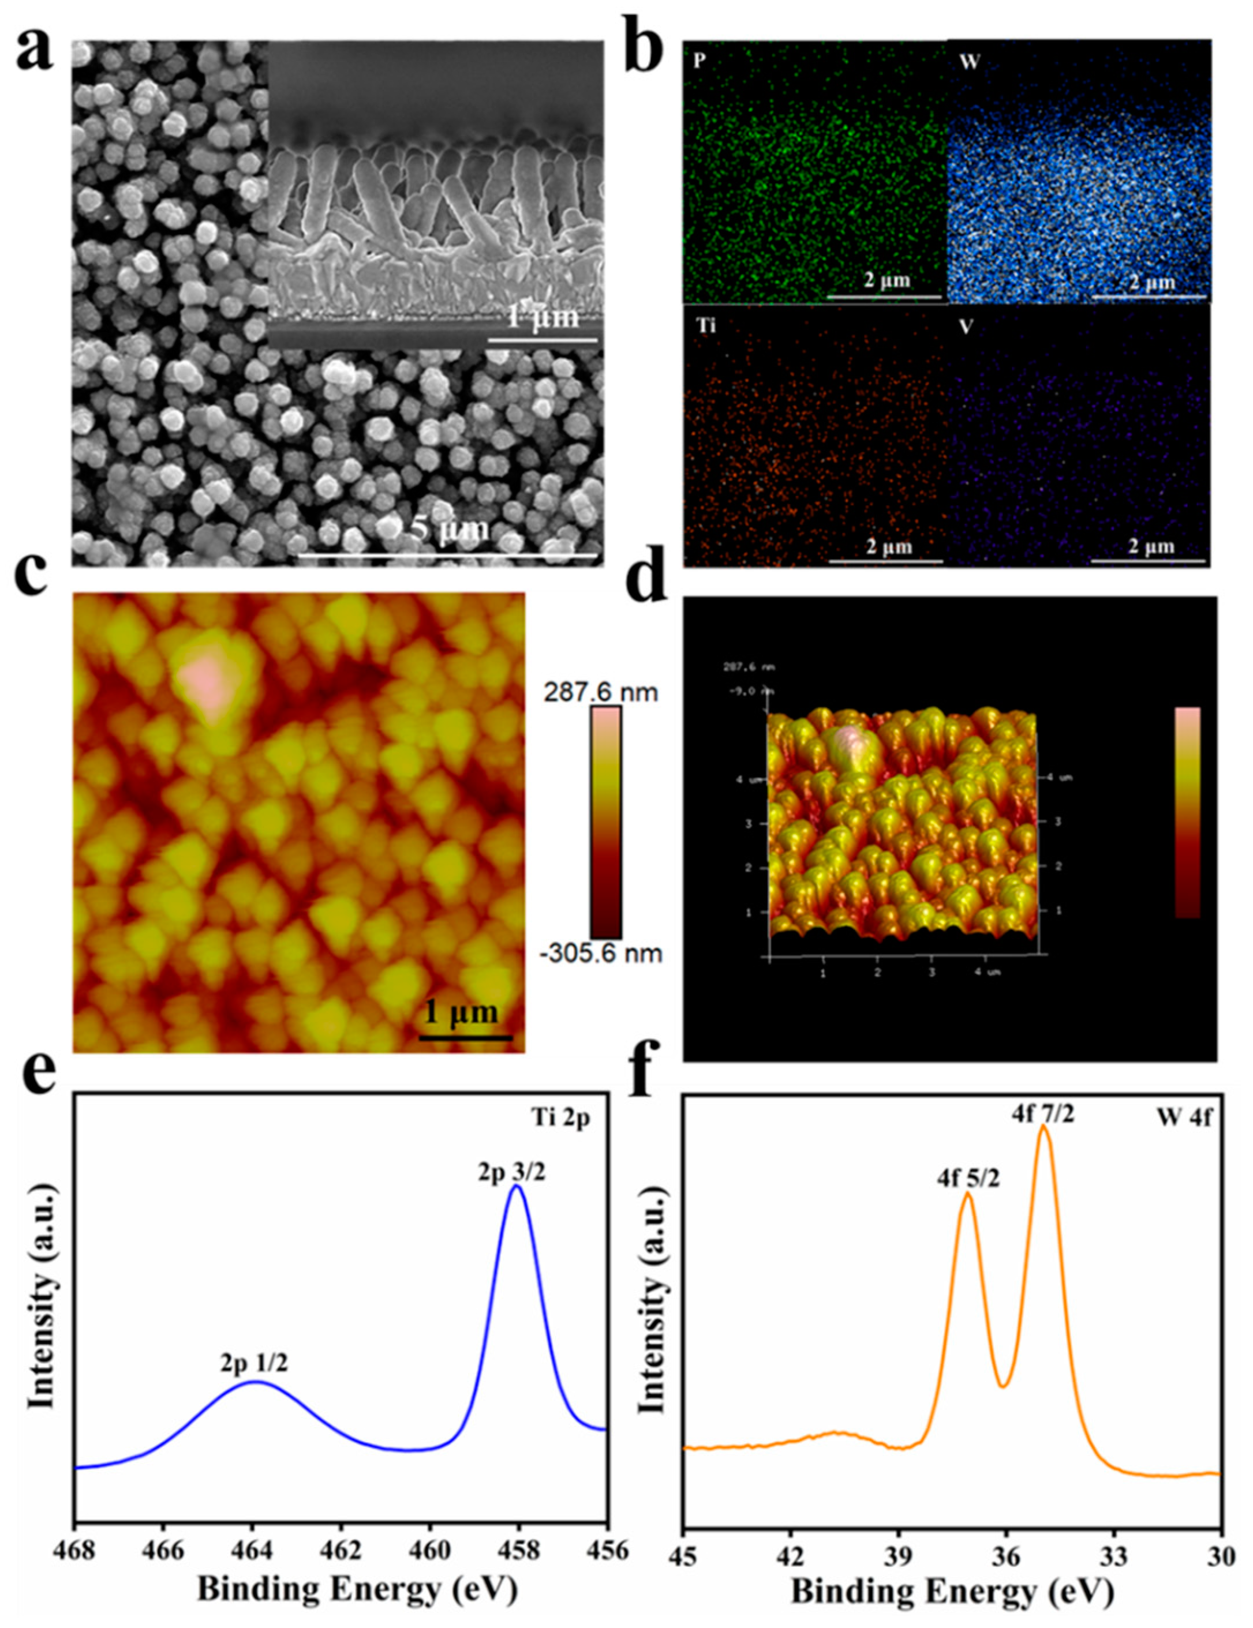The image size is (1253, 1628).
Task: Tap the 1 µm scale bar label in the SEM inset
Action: [x=542, y=317]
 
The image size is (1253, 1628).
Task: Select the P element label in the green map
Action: [x=699, y=61]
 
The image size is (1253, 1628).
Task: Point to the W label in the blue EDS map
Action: [x=969, y=61]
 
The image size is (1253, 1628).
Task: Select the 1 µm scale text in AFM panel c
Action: [x=461, y=1012]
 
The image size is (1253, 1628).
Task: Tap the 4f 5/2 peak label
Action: [x=968, y=1179]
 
